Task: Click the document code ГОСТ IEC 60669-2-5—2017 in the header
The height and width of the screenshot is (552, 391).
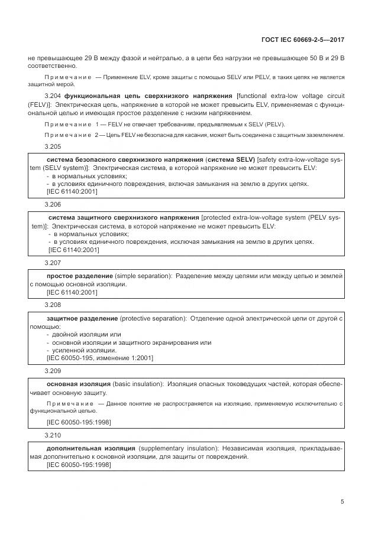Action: coord(302,40)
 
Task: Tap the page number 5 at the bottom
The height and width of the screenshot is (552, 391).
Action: coord(342,502)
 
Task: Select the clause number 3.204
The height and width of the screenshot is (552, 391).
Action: coord(53,96)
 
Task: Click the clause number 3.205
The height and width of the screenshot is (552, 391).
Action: coord(53,146)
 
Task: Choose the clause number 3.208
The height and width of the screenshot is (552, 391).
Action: coord(53,305)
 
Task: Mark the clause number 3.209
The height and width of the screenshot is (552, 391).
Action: coord(53,371)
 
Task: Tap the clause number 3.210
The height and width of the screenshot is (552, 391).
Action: coord(53,435)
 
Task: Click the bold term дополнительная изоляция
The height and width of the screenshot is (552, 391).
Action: coord(83,449)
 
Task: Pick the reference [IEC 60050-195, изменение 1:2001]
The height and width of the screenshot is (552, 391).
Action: coord(100,358)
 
